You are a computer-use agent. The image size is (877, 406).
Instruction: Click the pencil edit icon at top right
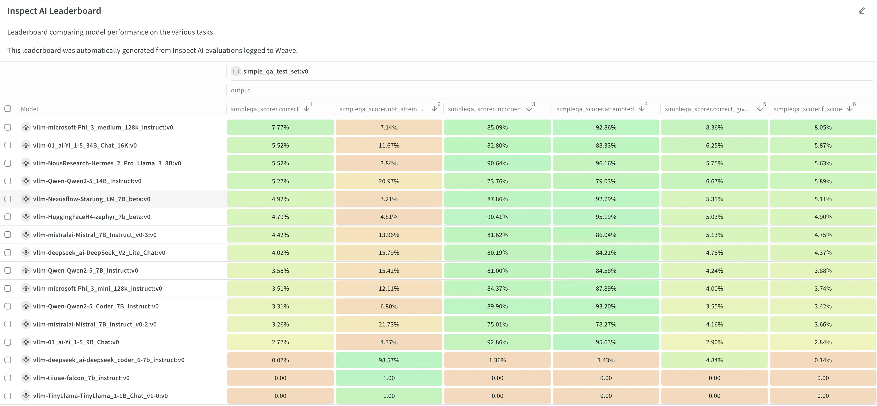[862, 11]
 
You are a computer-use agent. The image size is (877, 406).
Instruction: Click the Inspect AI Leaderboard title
[54, 11]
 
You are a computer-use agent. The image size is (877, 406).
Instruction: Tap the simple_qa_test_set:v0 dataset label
[275, 71]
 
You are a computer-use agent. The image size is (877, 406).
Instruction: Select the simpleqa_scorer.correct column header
[265, 109]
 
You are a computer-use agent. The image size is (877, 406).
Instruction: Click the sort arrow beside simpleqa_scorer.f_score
[850, 109]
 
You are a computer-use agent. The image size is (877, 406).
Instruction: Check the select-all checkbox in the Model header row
[8, 109]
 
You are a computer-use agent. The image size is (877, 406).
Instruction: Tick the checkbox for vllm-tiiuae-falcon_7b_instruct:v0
[8, 378]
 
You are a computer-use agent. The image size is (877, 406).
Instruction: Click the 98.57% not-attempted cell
[389, 360]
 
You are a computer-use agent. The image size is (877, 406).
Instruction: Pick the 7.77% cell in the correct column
[280, 127]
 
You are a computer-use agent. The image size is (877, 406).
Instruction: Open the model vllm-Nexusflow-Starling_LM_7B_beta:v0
[92, 199]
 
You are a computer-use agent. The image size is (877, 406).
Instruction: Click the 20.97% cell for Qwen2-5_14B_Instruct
[389, 181]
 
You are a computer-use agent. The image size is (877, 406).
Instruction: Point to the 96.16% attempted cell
[606, 163]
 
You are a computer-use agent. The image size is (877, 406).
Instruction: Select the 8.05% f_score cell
[823, 127]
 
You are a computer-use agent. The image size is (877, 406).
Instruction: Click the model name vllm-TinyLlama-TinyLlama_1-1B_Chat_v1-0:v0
[100, 396]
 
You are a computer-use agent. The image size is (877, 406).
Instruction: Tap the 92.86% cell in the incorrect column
[497, 342]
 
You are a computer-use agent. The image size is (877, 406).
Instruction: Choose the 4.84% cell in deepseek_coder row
[714, 360]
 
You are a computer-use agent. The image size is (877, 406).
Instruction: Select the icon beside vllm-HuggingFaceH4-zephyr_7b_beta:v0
[26, 217]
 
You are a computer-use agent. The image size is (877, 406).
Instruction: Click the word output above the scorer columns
[240, 90]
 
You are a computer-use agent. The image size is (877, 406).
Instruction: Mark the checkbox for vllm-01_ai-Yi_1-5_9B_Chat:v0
[8, 342]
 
